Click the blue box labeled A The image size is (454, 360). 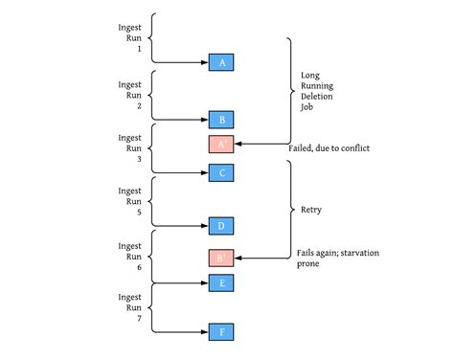pos(221,62)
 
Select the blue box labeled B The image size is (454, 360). pos(221,120)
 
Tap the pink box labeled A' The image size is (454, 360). pos(221,145)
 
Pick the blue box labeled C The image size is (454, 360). pos(221,172)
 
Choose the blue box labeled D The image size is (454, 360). pos(221,226)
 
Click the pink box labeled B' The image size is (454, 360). pos(221,258)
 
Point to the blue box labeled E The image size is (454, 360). pos(221,282)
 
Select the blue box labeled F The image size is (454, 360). pos(221,332)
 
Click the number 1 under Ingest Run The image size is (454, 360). pos(139,49)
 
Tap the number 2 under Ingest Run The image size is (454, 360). pos(139,106)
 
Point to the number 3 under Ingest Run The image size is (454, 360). pos(139,159)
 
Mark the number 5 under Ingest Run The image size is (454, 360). pos(139,213)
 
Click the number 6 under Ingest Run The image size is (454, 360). pos(139,267)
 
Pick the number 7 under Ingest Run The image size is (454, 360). pos(139,319)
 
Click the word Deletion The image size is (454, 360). pos(317,97)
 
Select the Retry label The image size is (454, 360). pos(311,210)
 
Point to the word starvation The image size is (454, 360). pos(360,253)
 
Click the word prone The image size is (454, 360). pos(308,264)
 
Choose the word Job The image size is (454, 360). pos(306,107)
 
